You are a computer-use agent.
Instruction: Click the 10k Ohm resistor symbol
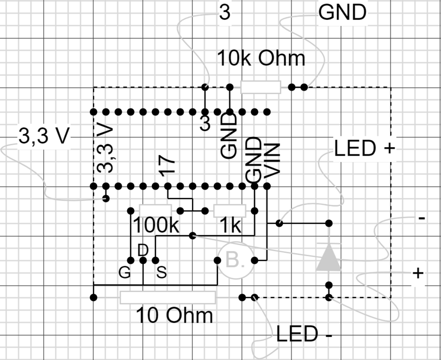(260, 87)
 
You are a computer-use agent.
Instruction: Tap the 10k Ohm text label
(261, 59)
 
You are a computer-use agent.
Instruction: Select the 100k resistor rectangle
(155, 210)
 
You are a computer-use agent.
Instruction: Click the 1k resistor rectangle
(230, 210)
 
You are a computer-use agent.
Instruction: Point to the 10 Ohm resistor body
(167, 297)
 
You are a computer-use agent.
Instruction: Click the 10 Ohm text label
(175, 315)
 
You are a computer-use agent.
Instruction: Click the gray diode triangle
(328, 258)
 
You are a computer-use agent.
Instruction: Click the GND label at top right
(342, 13)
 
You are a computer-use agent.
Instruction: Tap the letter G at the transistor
(124, 273)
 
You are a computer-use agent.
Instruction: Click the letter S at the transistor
(161, 273)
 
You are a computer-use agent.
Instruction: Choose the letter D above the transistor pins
(143, 250)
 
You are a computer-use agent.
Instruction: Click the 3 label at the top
(225, 13)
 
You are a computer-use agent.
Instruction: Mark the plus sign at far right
(418, 273)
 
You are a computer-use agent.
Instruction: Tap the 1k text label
(230, 226)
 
